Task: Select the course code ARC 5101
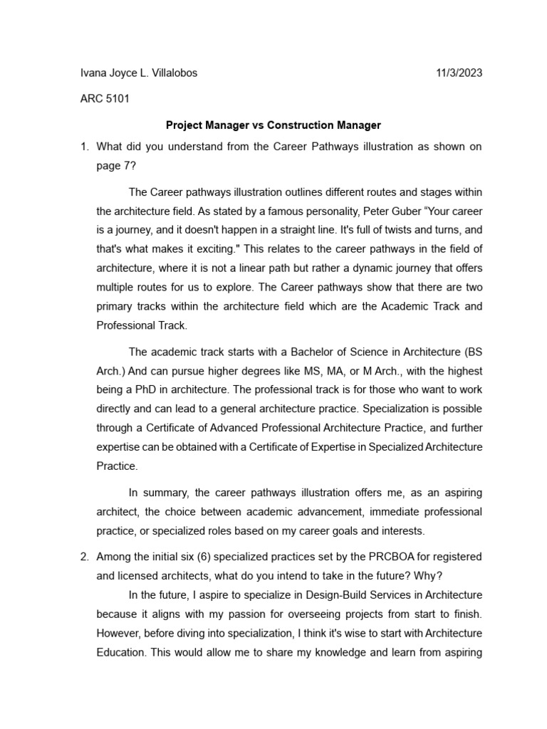[105, 99]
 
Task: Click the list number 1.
[83, 147]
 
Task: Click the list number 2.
[83, 556]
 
